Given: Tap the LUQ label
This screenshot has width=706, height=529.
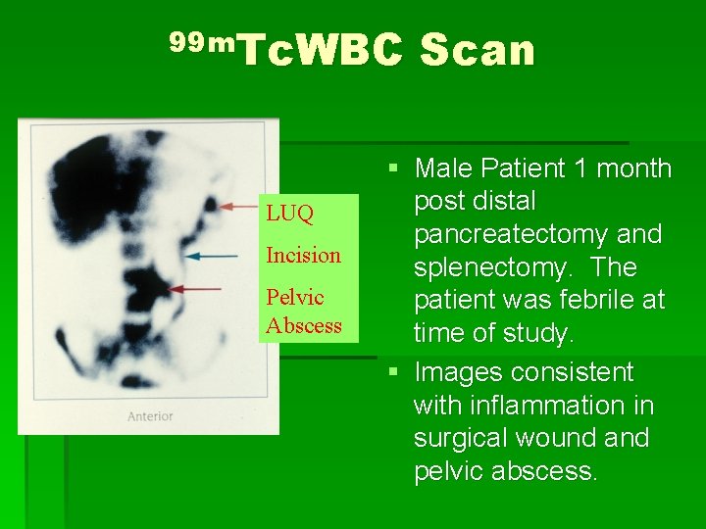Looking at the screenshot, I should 289,214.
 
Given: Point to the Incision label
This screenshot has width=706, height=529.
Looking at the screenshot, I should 303,256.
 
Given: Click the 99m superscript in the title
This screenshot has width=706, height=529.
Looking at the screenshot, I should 201,42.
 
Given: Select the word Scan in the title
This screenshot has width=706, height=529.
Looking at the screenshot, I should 478,51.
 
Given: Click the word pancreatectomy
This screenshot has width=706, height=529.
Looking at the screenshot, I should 538,235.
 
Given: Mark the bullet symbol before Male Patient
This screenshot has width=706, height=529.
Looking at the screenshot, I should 392,168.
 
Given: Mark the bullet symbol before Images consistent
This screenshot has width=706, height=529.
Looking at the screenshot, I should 392,372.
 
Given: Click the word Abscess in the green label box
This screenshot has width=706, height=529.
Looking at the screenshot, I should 303,325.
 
